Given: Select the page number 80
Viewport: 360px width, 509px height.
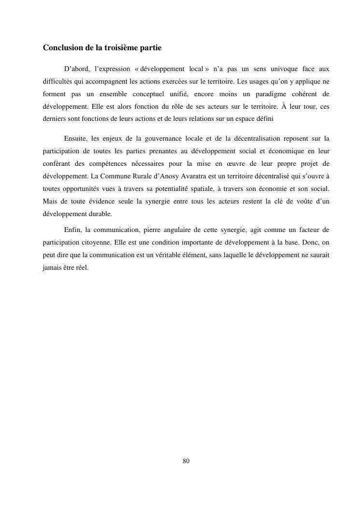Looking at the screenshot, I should tap(186, 461).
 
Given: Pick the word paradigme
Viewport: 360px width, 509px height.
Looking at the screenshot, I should tap(269, 94).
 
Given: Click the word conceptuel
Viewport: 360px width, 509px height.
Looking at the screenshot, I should tap(146, 94).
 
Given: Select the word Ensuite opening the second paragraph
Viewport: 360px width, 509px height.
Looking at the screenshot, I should tap(76, 139).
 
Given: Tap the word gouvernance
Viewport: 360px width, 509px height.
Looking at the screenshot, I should tap(158, 139).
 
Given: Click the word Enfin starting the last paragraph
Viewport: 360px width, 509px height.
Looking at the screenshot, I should tap(72, 229).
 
